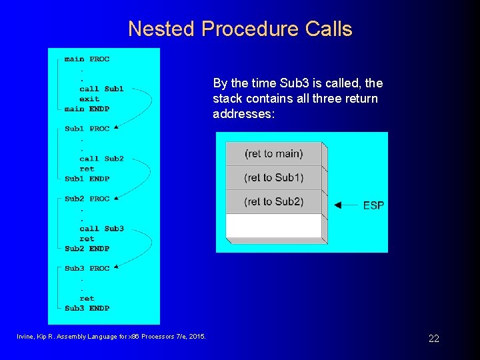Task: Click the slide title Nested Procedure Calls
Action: click(240, 29)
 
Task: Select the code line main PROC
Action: click(87, 59)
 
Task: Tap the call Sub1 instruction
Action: click(101, 89)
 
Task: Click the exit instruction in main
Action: click(89, 99)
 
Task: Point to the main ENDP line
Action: click(87, 109)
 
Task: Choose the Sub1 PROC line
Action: click(87, 129)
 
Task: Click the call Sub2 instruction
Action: click(101, 159)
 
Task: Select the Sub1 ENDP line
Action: click(87, 179)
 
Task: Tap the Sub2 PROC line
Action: click(87, 199)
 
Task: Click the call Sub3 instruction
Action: click(101, 229)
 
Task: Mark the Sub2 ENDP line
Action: click(87, 249)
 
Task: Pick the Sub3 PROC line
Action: click(87, 268)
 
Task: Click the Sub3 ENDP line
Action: click(87, 308)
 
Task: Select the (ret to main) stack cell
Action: click(273, 153)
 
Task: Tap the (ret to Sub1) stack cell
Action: click(273, 177)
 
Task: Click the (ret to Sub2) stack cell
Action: click(273, 201)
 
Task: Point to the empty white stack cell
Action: click(273, 225)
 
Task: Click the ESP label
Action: click(373, 205)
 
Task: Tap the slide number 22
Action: click(434, 339)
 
